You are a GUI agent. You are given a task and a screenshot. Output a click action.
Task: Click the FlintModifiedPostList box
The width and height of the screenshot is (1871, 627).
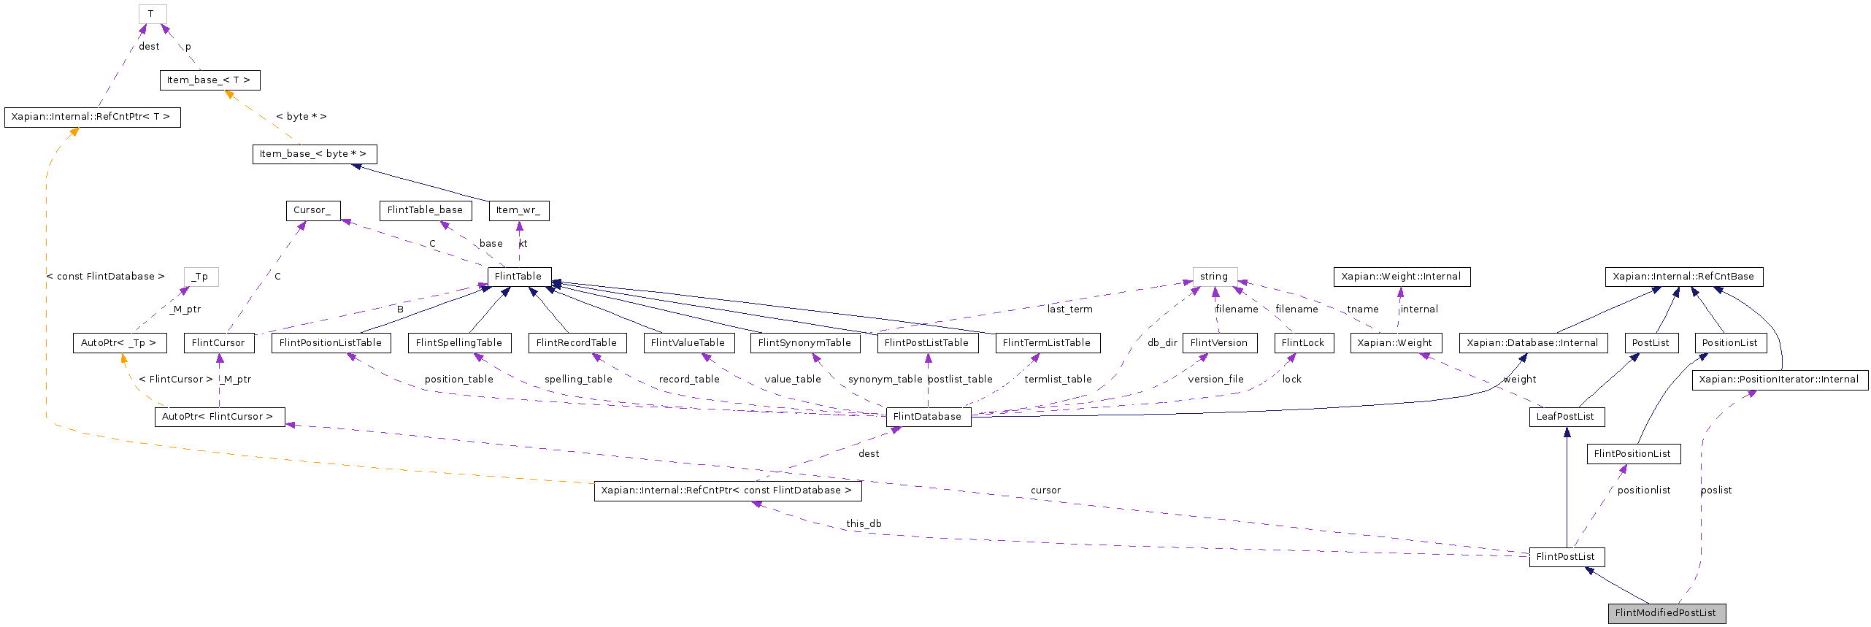point(1667,613)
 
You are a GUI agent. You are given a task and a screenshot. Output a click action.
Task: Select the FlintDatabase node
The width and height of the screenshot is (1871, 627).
point(928,417)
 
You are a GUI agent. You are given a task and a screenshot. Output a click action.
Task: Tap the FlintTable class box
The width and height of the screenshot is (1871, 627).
point(519,277)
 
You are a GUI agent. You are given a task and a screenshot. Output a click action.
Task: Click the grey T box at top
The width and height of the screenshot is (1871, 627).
point(152,14)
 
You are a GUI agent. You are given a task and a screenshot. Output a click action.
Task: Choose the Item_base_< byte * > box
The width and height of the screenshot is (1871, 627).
point(314,154)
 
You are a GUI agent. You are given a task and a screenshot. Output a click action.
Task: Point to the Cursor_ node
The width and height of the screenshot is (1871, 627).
point(312,210)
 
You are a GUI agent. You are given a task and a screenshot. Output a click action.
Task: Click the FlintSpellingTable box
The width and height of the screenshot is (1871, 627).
point(459,343)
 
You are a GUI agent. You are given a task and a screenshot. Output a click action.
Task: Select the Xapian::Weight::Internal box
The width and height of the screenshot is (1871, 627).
point(1402,277)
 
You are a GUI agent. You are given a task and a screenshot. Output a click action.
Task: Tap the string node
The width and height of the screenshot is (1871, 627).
point(1215,277)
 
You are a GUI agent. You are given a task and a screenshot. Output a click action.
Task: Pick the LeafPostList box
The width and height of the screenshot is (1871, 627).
point(1566,417)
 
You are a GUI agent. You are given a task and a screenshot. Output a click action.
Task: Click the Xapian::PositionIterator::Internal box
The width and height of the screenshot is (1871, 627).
point(1780,380)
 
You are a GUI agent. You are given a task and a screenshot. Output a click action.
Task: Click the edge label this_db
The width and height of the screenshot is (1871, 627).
point(864,524)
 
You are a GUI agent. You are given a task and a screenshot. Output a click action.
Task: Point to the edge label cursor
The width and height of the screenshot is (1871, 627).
point(1045,491)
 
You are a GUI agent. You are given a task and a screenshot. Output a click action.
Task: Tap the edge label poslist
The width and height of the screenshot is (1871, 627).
point(1716,491)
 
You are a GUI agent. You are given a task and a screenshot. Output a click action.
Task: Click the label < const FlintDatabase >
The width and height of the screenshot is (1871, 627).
point(106,277)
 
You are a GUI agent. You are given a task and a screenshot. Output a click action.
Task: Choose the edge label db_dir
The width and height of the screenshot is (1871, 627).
point(1162,343)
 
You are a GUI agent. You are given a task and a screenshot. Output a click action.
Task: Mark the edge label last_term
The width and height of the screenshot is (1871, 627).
point(1069,309)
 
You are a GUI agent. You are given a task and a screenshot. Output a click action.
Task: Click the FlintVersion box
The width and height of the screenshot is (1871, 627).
point(1219,343)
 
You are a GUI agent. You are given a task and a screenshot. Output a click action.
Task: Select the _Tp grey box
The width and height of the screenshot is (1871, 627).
point(201,277)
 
